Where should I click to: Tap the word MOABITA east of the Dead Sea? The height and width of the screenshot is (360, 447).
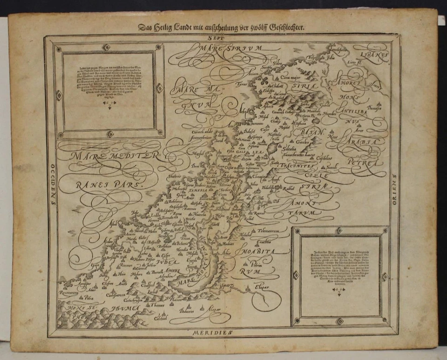[x=258, y=251]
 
